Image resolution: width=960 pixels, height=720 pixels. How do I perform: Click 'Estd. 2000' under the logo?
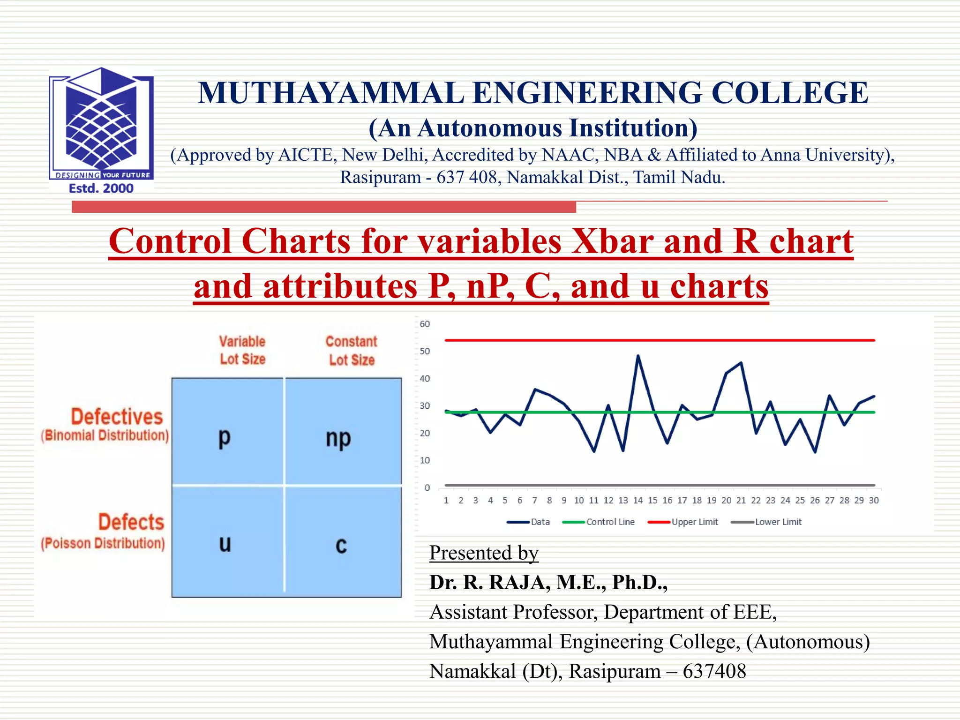click(x=101, y=188)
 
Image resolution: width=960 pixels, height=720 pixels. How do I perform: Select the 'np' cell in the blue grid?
click(x=338, y=438)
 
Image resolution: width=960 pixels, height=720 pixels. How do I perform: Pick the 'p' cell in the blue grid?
click(x=225, y=437)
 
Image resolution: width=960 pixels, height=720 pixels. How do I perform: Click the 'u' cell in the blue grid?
click(x=225, y=544)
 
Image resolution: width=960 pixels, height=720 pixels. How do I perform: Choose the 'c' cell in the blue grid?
click(x=341, y=545)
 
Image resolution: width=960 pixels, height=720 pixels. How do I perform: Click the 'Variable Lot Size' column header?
click(x=242, y=350)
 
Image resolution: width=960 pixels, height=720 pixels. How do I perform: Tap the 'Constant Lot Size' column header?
click(x=352, y=350)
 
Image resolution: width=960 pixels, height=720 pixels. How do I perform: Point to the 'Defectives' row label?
click(x=117, y=416)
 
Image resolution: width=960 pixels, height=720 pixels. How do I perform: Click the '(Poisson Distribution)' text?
click(x=103, y=543)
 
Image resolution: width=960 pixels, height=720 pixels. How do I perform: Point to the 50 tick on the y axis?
click(x=425, y=351)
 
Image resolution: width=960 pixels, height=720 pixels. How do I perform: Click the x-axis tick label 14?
click(x=638, y=500)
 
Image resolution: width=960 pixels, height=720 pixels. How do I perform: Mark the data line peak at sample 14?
click(x=638, y=356)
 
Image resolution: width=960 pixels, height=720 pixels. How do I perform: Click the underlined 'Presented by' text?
click(x=484, y=553)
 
